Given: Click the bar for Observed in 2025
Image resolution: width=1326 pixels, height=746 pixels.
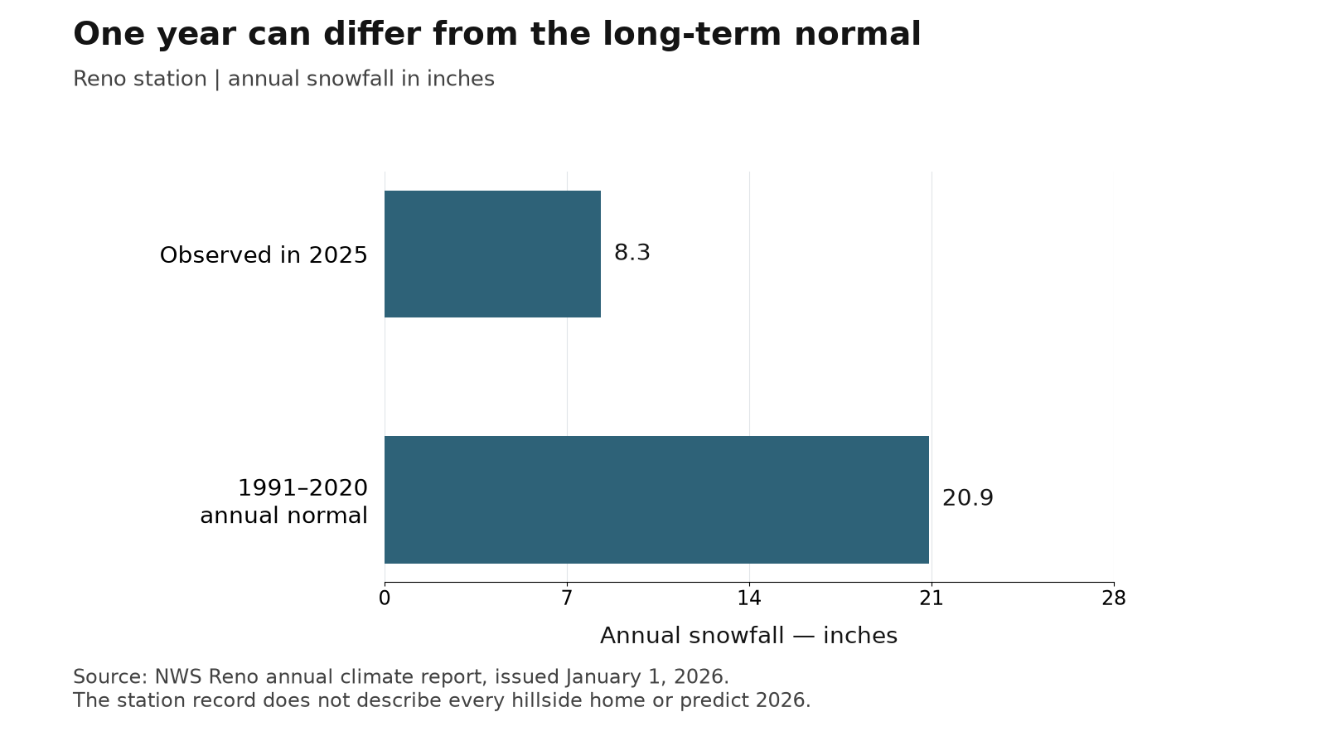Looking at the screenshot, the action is coord(492,254).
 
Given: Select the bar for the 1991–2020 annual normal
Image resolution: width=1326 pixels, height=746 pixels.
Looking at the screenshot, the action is coord(656,500).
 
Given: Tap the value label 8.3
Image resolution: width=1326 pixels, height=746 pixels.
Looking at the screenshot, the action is coord(632,253).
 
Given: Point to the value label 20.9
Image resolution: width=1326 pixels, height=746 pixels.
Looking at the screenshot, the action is coord(967,498).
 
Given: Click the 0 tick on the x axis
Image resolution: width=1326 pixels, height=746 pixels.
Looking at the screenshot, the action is coord(385,598).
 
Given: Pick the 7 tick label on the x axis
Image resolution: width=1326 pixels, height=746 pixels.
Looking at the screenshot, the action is coord(567,598).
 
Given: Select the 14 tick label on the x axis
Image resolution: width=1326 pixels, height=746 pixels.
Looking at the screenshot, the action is coord(749,598).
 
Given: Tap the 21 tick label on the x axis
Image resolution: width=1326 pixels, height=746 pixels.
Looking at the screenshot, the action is coord(932,598).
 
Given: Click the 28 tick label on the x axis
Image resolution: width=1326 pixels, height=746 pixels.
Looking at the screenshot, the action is coord(1114,598).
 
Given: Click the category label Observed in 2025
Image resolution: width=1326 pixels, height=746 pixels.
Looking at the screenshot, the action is coord(264,255).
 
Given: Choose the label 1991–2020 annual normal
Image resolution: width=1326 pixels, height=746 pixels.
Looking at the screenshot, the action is coord(284,501).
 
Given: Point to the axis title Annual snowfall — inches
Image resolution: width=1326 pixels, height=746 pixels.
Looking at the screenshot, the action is coord(749,636).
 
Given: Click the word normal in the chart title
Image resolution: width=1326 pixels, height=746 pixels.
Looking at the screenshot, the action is coord(857,34).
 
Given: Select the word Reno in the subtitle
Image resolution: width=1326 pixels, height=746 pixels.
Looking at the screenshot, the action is coord(97,79).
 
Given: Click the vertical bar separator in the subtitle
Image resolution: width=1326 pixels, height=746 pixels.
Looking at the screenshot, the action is coord(217,80).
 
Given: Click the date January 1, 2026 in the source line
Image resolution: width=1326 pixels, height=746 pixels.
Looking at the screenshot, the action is coord(646,677).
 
